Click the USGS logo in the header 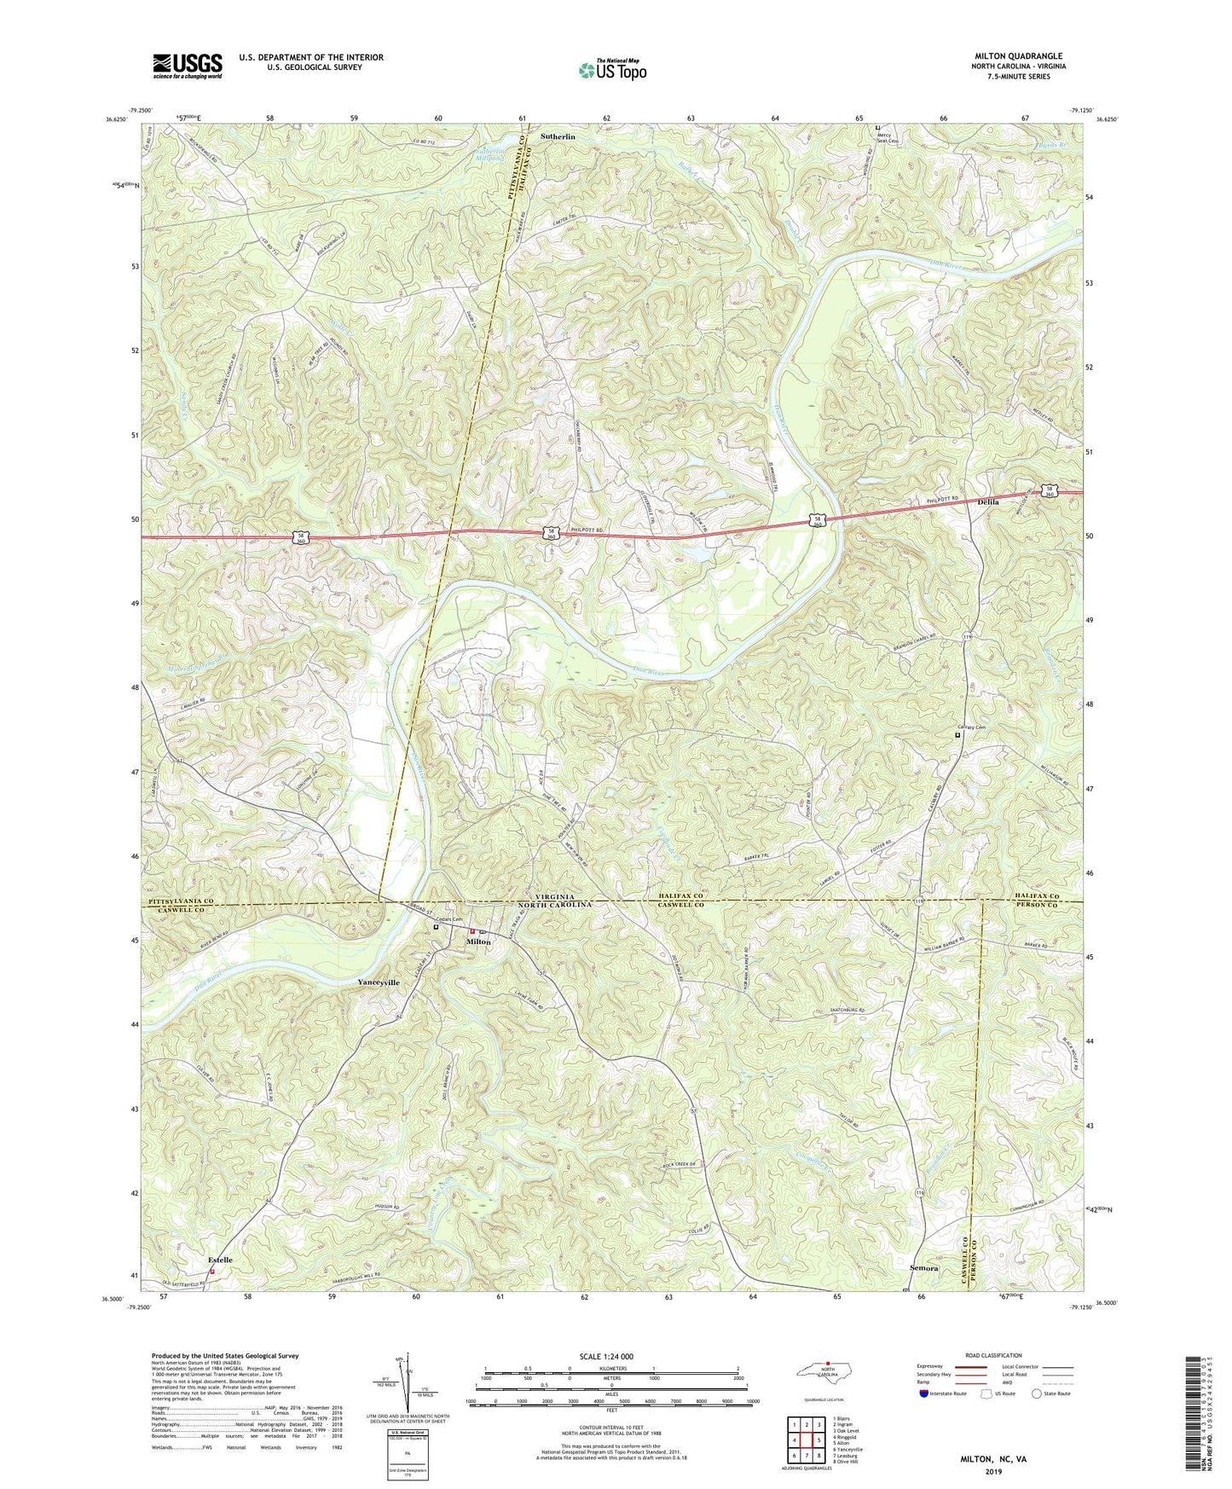187,66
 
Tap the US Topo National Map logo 612,70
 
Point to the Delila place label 988,502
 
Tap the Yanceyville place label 379,982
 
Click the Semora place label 923,1268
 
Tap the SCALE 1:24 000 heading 601,1356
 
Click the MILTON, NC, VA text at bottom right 990,1459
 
